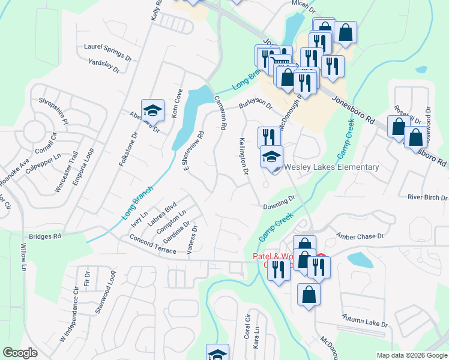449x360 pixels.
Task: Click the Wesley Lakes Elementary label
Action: (331, 167)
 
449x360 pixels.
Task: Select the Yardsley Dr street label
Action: (104, 66)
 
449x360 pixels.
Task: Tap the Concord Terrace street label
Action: (152, 244)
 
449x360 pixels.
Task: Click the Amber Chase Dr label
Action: (359, 236)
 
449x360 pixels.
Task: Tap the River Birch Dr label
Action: (427, 197)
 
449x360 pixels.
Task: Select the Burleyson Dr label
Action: (256, 106)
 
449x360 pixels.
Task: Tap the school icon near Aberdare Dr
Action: (152, 110)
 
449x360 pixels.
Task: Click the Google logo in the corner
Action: (20, 353)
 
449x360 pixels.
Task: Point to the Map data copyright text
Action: (412, 355)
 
